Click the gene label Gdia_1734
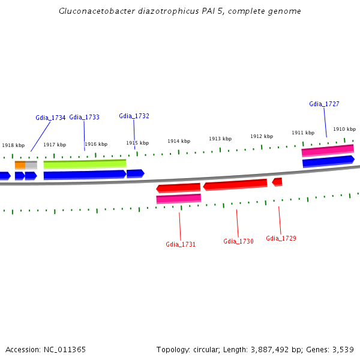[x=50, y=118]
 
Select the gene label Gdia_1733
[x=84, y=117]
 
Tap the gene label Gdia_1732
[x=134, y=116]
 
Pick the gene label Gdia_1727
[x=324, y=104]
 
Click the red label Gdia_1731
[x=181, y=244]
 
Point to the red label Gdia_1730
[x=238, y=241]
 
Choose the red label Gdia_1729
[x=281, y=238]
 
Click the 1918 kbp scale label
[x=13, y=145]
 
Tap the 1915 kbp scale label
[x=137, y=143]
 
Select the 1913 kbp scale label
[x=220, y=139]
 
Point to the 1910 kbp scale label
[x=344, y=129]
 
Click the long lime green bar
[x=85, y=163]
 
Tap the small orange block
[x=20, y=164]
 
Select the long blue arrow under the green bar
[x=85, y=175]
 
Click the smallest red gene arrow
[x=277, y=181]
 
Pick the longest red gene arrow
[x=235, y=185]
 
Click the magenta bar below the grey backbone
[x=178, y=199]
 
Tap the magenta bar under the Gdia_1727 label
[x=327, y=151]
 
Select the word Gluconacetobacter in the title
[x=92, y=11]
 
